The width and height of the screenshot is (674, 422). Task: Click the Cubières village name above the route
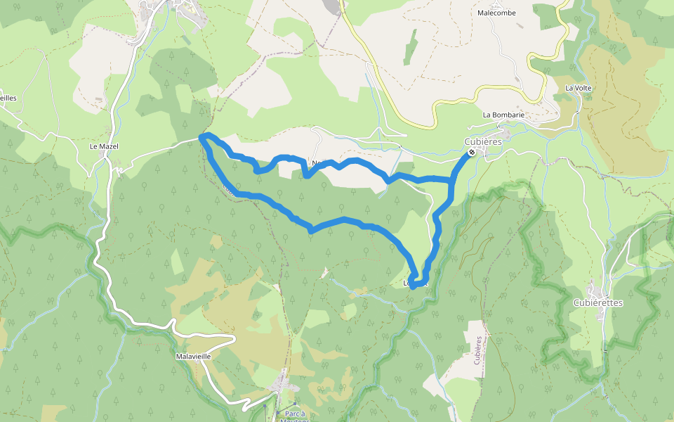(483, 141)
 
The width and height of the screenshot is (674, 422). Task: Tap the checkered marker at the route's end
(472, 152)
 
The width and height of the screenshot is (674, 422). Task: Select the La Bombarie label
(503, 115)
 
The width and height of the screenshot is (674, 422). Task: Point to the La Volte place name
(579, 88)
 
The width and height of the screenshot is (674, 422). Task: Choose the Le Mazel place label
(104, 147)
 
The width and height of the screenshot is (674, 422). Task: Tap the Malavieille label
(194, 357)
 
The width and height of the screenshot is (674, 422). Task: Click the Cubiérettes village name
(598, 302)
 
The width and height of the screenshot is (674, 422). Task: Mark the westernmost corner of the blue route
(201, 137)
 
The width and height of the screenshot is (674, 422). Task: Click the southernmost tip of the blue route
(413, 286)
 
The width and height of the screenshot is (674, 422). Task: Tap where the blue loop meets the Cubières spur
(450, 181)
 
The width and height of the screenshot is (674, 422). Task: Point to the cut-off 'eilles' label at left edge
(8, 98)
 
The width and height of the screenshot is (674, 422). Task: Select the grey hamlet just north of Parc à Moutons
(284, 385)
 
